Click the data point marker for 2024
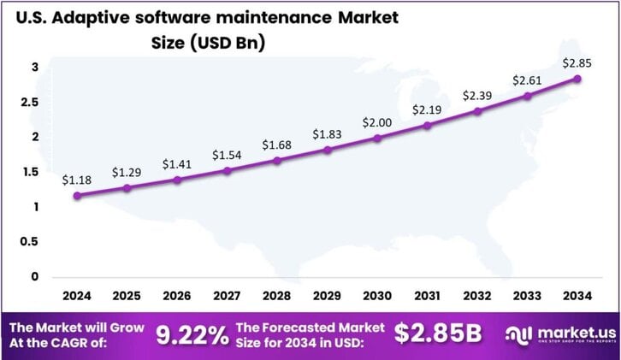[78, 196]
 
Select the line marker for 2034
[577, 79]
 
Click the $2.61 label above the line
[528, 80]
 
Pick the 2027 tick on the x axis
[228, 296]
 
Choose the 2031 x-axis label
[428, 296]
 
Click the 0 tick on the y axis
[34, 276]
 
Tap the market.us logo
[559, 335]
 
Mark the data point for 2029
[328, 150]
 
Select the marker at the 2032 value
[477, 111]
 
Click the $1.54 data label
[228, 155]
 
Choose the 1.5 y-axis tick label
[30, 172]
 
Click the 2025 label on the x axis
[127, 296]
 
